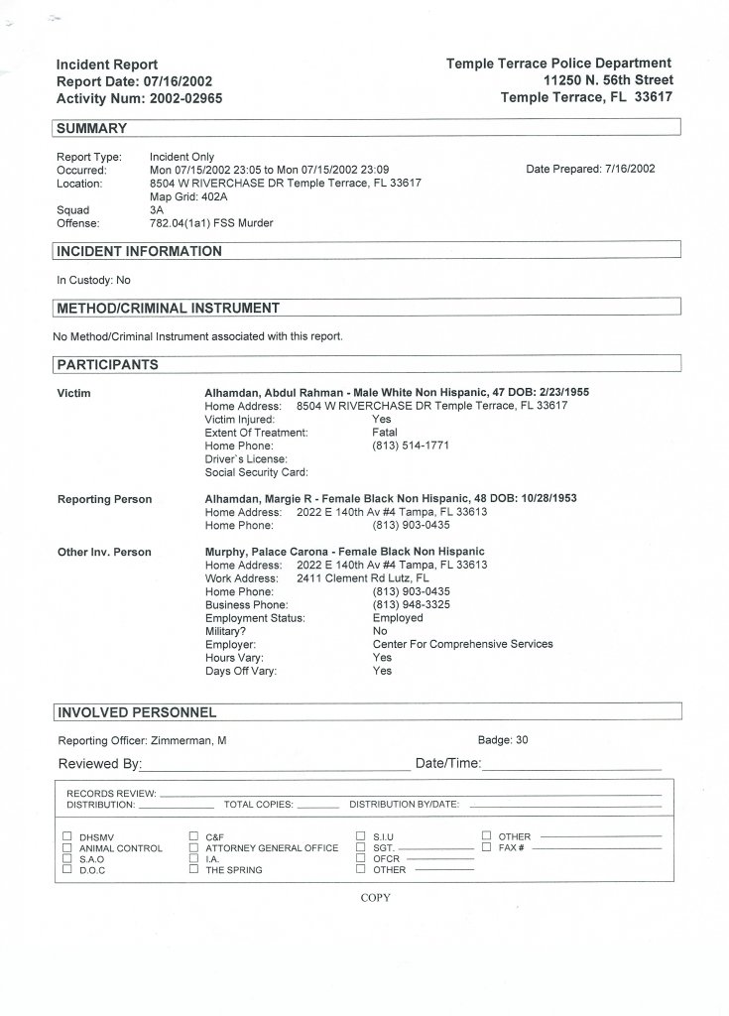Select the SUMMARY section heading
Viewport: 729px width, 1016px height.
point(91,128)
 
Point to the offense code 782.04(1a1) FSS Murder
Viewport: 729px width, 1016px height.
point(210,223)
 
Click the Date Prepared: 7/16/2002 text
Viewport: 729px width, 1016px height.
point(590,169)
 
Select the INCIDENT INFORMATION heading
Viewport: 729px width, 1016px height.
point(139,251)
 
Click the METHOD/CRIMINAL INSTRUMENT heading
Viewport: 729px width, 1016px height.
point(168,308)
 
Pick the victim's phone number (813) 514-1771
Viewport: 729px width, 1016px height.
point(411,445)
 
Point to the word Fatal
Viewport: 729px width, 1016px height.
point(385,433)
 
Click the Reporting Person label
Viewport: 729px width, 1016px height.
point(104,499)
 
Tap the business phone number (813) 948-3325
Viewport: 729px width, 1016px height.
point(411,604)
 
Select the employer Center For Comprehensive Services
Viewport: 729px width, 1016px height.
point(462,644)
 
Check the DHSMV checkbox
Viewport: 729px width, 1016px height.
point(67,836)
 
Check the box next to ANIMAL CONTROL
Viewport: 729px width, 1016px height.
point(67,848)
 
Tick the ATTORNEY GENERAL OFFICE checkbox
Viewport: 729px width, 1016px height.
point(194,848)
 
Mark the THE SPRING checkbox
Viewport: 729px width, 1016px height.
point(194,870)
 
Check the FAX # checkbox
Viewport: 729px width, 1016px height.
point(487,847)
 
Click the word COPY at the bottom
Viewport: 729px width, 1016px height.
point(376,898)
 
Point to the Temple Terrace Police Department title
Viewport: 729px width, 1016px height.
point(558,63)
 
